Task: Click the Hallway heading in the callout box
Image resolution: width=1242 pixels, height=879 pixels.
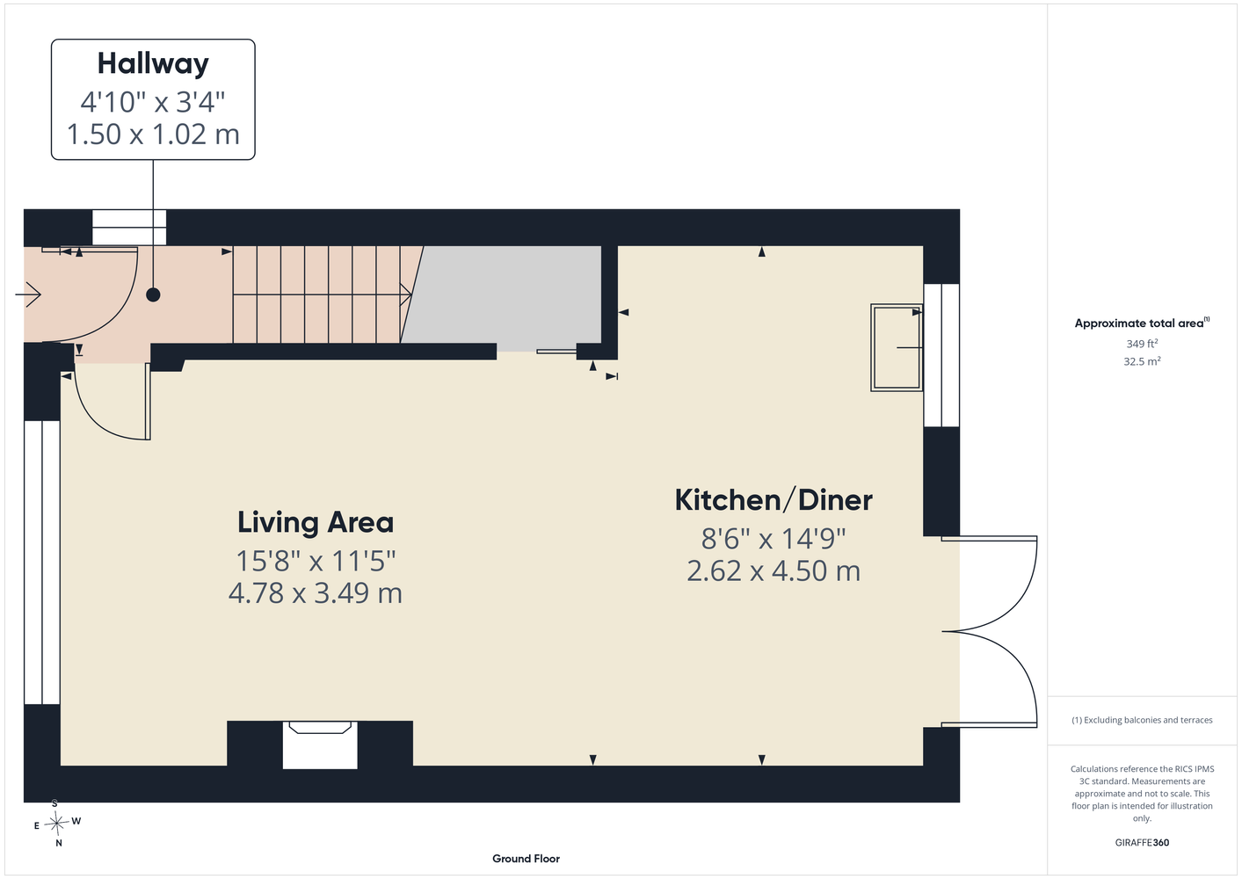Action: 153,64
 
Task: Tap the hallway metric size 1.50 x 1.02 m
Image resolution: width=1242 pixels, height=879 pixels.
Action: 153,134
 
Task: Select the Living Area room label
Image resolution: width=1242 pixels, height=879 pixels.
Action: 316,522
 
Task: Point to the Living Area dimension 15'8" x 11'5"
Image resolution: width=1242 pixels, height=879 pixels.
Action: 316,561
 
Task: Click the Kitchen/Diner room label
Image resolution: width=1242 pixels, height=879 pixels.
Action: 774,499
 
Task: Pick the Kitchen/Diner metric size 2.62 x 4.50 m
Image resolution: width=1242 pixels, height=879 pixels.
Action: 774,570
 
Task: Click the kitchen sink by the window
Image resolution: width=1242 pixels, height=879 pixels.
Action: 897,348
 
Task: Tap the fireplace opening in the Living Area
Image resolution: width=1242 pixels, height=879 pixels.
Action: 320,745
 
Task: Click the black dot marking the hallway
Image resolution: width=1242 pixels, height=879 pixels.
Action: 153,295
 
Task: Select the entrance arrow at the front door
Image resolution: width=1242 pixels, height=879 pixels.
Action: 28,294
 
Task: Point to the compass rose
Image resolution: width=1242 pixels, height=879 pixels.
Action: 56,823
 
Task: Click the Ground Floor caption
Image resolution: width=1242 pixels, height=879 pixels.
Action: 526,859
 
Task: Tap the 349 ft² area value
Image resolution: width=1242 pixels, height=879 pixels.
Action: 1142,344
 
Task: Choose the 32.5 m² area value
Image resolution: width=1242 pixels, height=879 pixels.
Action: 1142,361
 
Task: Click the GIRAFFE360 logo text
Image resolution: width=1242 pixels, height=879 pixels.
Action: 1142,842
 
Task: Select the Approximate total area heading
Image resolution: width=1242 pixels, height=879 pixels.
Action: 1142,323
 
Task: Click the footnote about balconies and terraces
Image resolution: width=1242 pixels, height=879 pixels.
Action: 1142,720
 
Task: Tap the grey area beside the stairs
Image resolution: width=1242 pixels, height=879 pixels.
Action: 505,297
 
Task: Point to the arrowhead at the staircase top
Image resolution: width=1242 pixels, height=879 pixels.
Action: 406,294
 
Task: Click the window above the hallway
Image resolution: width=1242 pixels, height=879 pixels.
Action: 129,228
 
